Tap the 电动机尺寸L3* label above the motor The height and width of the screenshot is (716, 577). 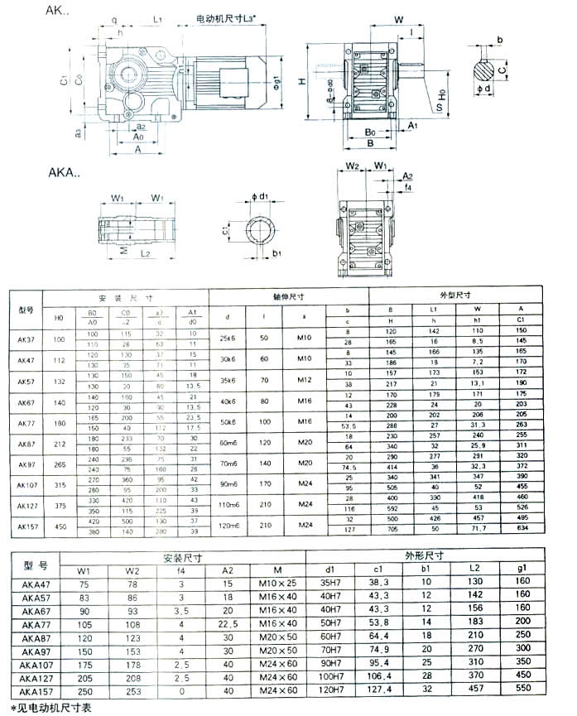pyautogui.click(x=231, y=17)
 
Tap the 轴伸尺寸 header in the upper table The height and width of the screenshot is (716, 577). pyautogui.click(x=288, y=295)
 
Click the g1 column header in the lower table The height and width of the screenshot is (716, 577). pyautogui.click(x=524, y=569)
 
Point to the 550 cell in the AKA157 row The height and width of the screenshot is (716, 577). pyautogui.click(x=524, y=690)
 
